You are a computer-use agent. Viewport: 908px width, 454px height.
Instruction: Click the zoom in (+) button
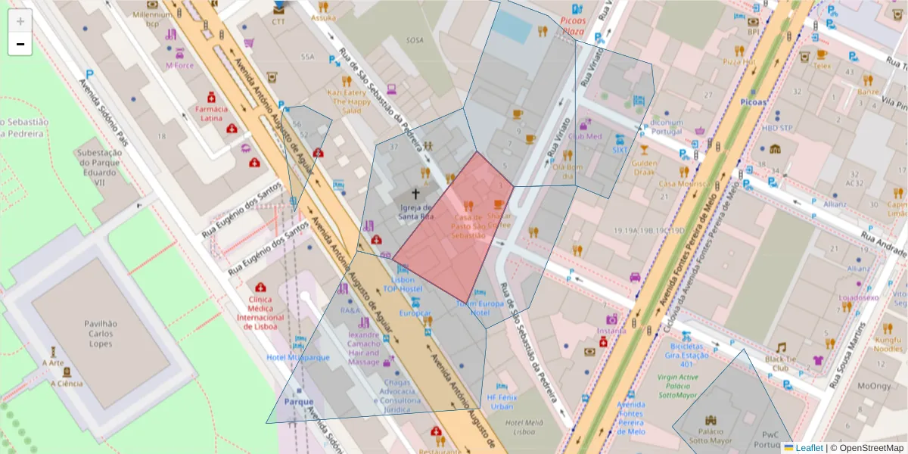point(20,21)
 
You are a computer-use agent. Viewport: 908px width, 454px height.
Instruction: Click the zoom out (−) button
point(20,44)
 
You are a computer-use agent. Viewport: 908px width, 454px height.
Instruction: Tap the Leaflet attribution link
point(808,448)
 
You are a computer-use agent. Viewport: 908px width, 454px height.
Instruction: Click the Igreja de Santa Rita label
point(415,212)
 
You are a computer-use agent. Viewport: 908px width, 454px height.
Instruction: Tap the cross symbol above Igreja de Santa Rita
point(415,194)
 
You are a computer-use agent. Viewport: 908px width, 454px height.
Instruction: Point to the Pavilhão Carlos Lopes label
point(100,334)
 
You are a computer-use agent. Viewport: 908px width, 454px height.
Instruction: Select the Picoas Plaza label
point(573,26)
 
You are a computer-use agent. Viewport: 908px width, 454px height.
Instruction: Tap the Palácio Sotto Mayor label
point(710,440)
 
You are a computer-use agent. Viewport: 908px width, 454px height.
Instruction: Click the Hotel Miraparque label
point(298,357)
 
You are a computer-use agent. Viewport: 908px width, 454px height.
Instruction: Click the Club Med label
point(585,137)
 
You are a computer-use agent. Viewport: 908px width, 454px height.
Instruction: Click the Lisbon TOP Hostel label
point(402,284)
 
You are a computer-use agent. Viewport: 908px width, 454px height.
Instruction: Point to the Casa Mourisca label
point(677,184)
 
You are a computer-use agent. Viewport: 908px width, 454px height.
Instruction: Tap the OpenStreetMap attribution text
point(867,448)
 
